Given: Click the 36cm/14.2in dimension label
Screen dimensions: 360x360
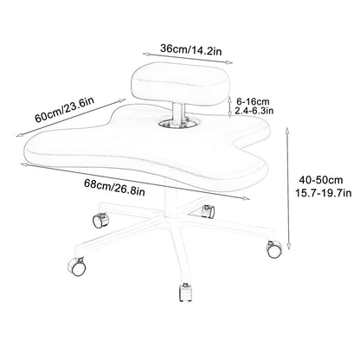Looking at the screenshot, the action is (x=190, y=49).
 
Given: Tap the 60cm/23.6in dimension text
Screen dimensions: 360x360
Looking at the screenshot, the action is (x=65, y=109).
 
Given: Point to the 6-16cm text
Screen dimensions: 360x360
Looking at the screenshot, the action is (x=253, y=101).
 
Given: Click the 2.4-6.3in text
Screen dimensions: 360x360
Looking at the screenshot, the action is (x=254, y=111).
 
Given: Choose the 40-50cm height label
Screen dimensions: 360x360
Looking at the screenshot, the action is (x=321, y=180).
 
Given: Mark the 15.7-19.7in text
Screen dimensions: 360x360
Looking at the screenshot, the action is (x=323, y=192).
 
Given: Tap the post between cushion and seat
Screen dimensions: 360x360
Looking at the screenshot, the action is (x=177, y=114).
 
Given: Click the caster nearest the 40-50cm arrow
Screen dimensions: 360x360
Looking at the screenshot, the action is (x=273, y=249).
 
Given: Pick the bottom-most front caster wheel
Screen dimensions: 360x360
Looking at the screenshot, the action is (x=185, y=292).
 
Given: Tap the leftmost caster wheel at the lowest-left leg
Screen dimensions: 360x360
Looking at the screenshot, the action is (x=77, y=267).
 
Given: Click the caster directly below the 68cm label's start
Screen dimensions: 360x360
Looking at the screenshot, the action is (x=101, y=220).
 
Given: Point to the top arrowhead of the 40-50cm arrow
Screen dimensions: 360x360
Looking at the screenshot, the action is (x=287, y=130).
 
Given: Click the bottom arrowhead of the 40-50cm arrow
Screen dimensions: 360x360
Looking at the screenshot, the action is (x=288, y=246).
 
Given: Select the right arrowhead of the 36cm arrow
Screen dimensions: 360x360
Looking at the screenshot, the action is (x=229, y=62).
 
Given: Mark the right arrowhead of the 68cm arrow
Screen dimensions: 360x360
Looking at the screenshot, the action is (x=246, y=198).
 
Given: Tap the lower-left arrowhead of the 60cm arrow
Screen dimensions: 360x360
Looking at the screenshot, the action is (x=19, y=135).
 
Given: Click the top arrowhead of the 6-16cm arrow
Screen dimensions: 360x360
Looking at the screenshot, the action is (x=230, y=100).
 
